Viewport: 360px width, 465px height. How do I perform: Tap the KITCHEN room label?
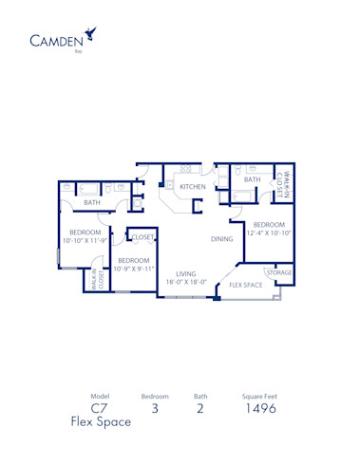[193, 188]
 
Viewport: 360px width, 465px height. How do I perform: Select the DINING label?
[222, 239]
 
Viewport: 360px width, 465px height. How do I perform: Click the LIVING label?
[186, 273]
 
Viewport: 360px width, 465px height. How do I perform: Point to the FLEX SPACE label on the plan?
[246, 285]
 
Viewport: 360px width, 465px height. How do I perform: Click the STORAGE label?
[278, 272]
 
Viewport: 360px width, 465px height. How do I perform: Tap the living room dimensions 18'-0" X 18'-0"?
[186, 282]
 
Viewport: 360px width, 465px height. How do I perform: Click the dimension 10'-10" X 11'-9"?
[85, 241]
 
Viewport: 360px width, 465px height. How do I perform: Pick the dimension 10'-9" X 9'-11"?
[133, 269]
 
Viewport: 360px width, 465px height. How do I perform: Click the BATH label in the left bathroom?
[91, 202]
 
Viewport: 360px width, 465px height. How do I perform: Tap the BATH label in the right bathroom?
[252, 179]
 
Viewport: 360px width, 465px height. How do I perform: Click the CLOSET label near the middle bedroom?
[142, 237]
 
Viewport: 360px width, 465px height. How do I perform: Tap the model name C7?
[101, 409]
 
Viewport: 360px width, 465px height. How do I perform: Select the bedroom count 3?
[155, 409]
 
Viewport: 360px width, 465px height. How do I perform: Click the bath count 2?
[200, 409]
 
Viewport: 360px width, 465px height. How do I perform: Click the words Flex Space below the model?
[101, 423]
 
